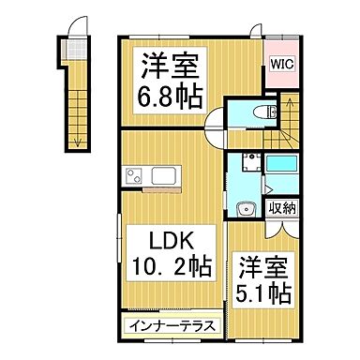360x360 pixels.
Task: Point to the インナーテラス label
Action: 170,326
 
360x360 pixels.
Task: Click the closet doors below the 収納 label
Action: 281,226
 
